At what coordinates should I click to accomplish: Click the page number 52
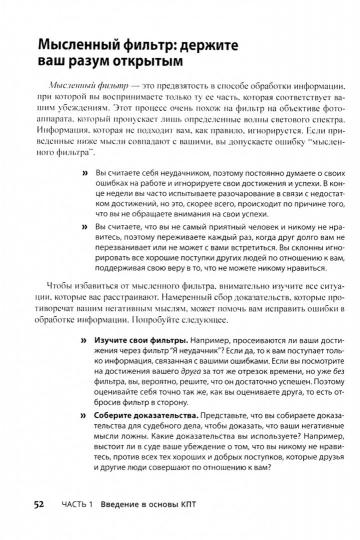[38, 503]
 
